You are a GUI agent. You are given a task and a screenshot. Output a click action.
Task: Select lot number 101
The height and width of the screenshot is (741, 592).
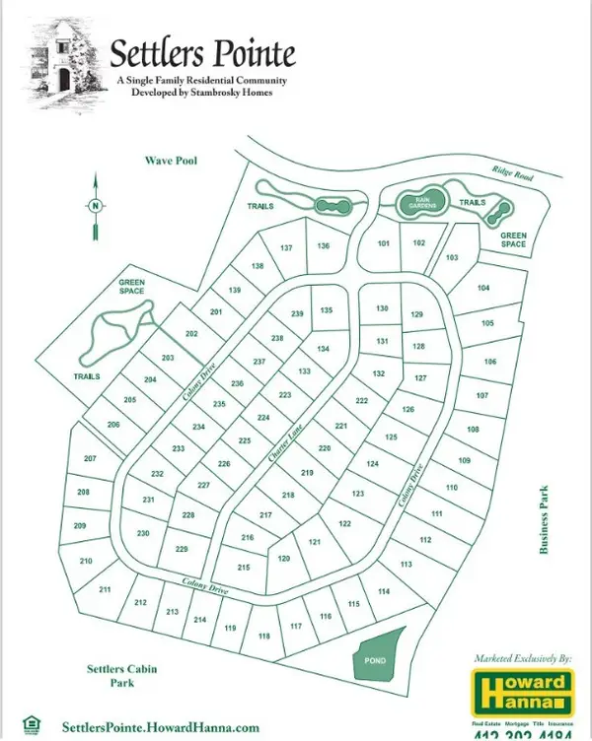[x=385, y=242]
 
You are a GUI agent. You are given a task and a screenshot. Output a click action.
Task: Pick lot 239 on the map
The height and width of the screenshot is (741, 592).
[x=297, y=313]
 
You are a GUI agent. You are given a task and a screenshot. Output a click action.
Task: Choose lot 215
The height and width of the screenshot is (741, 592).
[x=243, y=568]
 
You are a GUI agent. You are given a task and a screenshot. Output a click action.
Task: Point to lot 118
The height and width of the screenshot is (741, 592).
[x=263, y=636]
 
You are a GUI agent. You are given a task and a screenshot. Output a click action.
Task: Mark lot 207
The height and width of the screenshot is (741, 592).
[x=90, y=459]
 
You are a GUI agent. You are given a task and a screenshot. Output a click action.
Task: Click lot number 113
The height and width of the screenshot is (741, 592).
[x=406, y=564]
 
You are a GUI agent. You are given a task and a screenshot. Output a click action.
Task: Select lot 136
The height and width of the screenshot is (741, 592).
[x=323, y=245]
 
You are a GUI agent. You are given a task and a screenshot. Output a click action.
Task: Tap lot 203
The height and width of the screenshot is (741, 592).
[x=168, y=357]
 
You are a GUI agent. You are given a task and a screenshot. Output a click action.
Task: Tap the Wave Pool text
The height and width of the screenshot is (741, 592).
[x=171, y=159]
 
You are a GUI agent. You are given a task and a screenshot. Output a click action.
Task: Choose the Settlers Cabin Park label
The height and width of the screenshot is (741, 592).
[x=116, y=676]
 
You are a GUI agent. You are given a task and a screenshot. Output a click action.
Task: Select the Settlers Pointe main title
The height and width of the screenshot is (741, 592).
[x=202, y=51]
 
